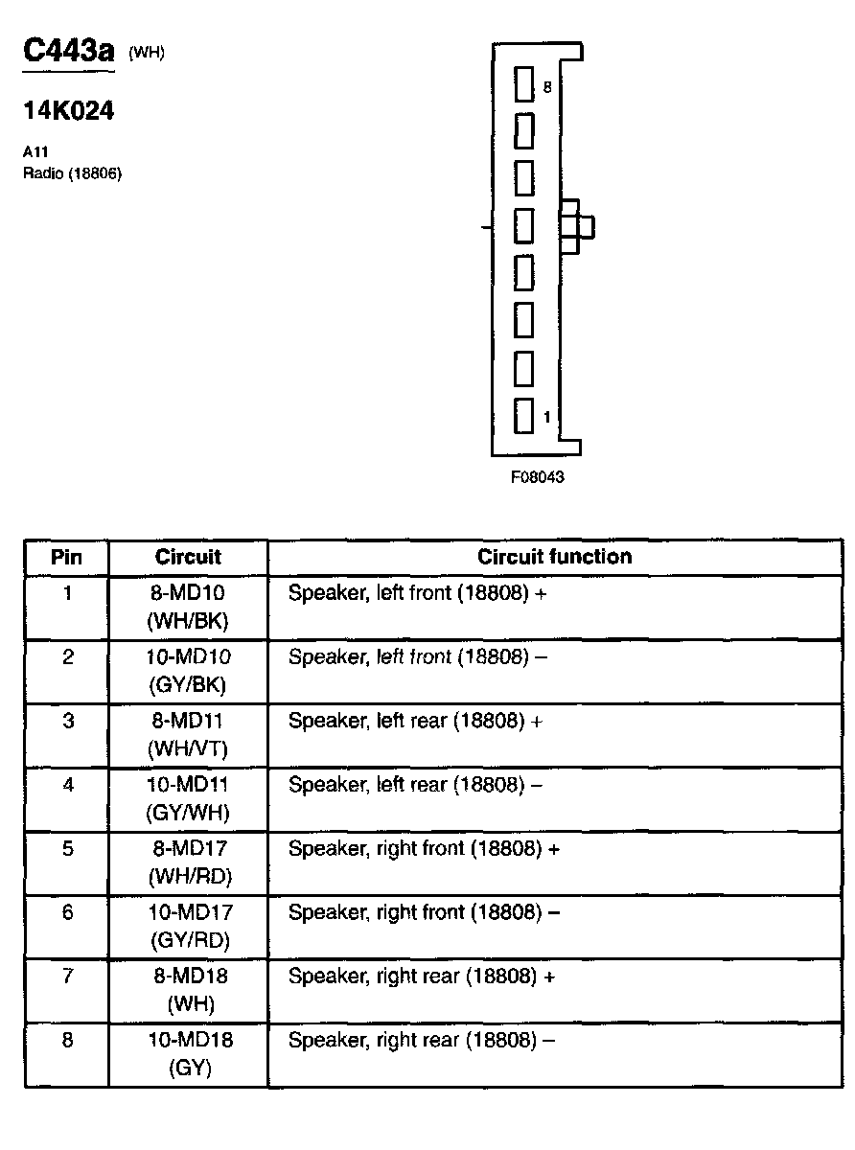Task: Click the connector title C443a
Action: click(x=68, y=52)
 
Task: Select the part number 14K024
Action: click(x=68, y=111)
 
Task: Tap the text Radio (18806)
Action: click(x=72, y=173)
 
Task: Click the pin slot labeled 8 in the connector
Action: click(x=523, y=85)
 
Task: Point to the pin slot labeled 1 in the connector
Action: click(x=523, y=415)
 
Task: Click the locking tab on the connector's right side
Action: click(x=576, y=227)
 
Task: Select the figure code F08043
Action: click(x=537, y=477)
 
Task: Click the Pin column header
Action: click(x=67, y=557)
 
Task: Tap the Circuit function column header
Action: click(x=554, y=557)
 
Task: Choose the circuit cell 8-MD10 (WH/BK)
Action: click(x=188, y=608)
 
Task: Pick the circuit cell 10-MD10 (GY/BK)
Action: click(x=188, y=671)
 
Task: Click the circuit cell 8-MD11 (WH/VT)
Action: click(x=188, y=735)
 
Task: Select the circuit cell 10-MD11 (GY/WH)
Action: click(x=188, y=799)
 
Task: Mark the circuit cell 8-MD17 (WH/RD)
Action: click(x=188, y=862)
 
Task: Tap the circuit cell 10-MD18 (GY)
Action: click(x=188, y=1054)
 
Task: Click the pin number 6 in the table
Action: click(x=67, y=913)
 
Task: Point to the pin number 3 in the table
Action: click(x=67, y=722)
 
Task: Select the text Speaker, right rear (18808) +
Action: click(x=422, y=977)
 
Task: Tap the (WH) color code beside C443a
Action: click(x=147, y=54)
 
